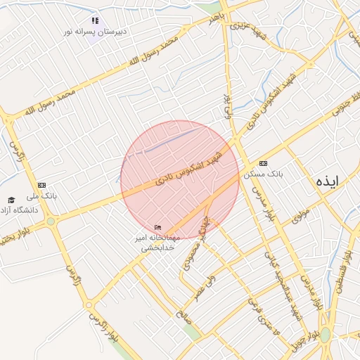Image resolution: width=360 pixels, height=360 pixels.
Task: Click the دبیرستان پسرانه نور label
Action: pyautogui.click(x=96, y=32)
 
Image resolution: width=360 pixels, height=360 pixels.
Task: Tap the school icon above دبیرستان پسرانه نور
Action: pyautogui.click(x=96, y=20)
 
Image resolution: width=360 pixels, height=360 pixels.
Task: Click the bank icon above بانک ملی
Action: pyautogui.click(x=41, y=185)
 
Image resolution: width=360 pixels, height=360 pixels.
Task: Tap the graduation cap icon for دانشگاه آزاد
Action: pyautogui.click(x=11, y=200)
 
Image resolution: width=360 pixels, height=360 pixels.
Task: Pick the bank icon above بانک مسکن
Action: pyautogui.click(x=263, y=162)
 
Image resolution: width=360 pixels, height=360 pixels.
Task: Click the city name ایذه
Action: pyautogui.click(x=327, y=181)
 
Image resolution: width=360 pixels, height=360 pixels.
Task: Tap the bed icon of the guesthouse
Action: pyautogui.click(x=157, y=227)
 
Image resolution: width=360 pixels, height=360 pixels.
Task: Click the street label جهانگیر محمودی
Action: pyautogui.click(x=196, y=247)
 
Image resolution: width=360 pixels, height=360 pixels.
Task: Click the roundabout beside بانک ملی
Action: pyautogui.click(x=51, y=221)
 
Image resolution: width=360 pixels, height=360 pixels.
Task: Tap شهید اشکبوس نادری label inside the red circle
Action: pyautogui.click(x=189, y=169)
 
